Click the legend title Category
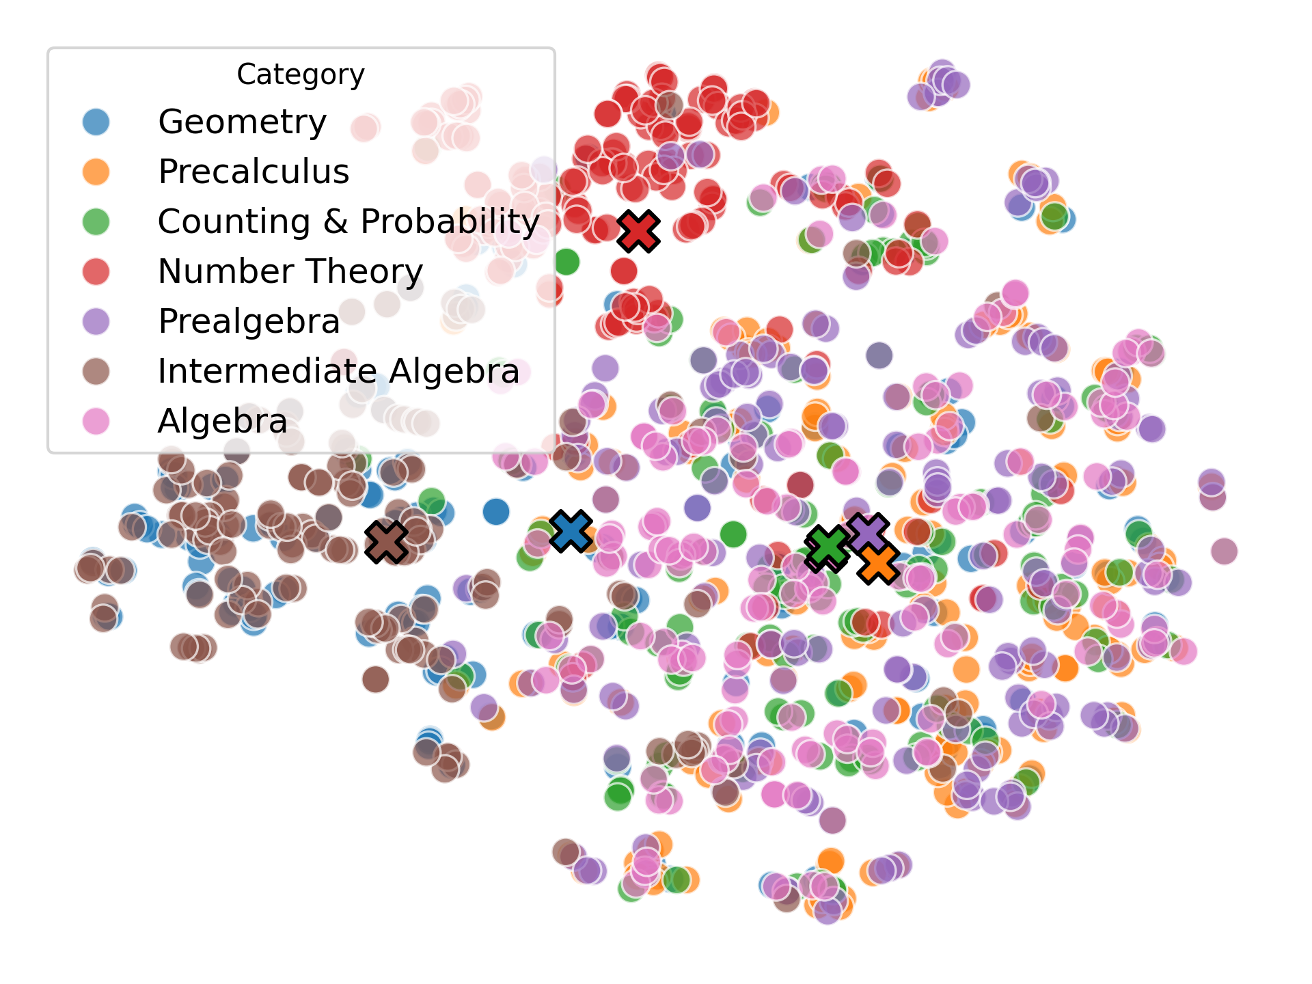pos(301,74)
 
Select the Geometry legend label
pos(242,122)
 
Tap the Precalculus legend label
pos(254,172)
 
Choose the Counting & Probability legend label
pos(348,221)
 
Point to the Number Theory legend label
pos(290,271)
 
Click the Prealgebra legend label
pos(249,321)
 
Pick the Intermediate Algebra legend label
pos(338,371)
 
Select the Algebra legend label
pos(222,421)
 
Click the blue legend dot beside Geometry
pos(96,122)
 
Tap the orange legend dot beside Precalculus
pos(96,172)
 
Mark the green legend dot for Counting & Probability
pos(96,221)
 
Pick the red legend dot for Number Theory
pos(96,271)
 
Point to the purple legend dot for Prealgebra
pos(96,321)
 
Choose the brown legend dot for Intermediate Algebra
pos(96,371)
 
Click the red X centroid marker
pos(638,231)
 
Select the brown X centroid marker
pos(386,542)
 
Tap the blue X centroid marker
pos(571,531)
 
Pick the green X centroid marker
pos(827,547)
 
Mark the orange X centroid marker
pos(879,564)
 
